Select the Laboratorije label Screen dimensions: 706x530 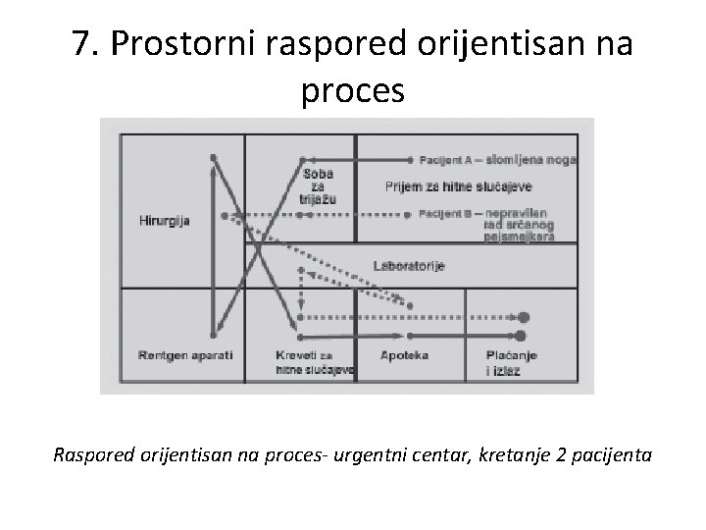[409, 266]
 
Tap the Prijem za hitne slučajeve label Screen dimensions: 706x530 [444, 186]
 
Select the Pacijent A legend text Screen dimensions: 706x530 [447, 159]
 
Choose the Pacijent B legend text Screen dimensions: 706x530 [447, 213]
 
